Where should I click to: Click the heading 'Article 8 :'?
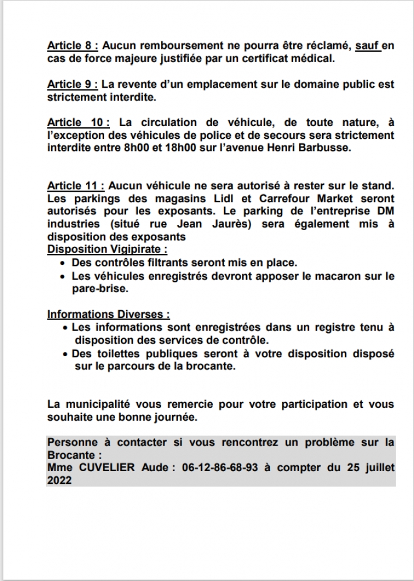[73, 45]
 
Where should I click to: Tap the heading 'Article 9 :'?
[73, 84]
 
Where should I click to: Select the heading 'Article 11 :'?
[76, 186]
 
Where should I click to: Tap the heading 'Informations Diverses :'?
[109, 314]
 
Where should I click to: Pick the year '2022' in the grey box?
[59, 480]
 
